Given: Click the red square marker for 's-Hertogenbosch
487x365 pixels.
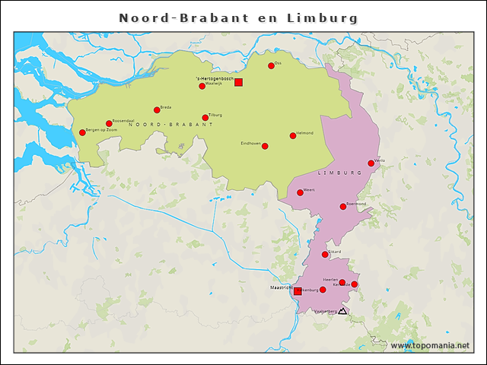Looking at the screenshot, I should pyautogui.click(x=238, y=82).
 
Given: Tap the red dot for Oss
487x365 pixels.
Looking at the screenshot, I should pyautogui.click(x=271, y=66).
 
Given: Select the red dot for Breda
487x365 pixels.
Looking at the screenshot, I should pyautogui.click(x=157, y=109).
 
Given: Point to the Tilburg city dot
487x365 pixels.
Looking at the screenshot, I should pyautogui.click(x=205, y=118).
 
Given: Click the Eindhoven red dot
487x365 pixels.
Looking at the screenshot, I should pyautogui.click(x=265, y=146).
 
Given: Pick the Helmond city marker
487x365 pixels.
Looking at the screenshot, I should pyautogui.click(x=293, y=136).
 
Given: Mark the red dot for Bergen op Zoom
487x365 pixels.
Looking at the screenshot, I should pyautogui.click(x=82, y=133).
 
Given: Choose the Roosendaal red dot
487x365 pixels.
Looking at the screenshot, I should pyautogui.click(x=109, y=123).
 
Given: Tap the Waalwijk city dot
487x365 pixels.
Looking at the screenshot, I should pyautogui.click(x=202, y=86).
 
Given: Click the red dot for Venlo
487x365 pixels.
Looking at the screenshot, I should pyautogui.click(x=371, y=163).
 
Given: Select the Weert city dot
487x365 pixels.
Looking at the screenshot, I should pyautogui.click(x=300, y=192).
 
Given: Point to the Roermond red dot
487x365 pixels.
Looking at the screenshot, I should pyautogui.click(x=343, y=206).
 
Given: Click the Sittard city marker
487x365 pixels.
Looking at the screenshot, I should pyautogui.click(x=325, y=254).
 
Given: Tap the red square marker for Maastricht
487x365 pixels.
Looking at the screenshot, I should pyautogui.click(x=298, y=290).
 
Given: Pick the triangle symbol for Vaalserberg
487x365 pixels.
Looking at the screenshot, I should pyautogui.click(x=342, y=310).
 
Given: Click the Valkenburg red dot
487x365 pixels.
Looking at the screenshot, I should pyautogui.click(x=323, y=290).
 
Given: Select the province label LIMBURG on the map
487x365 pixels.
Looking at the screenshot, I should pyautogui.click(x=339, y=173).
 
